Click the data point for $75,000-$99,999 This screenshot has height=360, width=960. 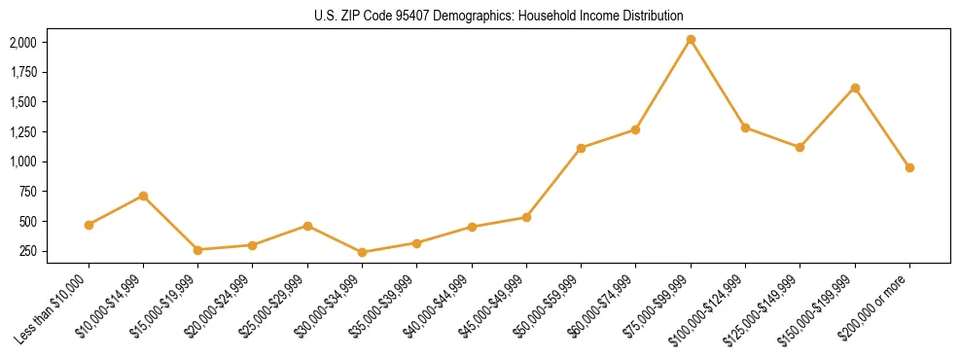point(691,39)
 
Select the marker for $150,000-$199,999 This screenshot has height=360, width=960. point(855,88)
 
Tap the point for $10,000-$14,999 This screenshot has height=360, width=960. point(143,196)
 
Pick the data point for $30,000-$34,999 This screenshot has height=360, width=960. point(362,252)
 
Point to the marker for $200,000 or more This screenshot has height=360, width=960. point(909,167)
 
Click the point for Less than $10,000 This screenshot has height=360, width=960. point(89,225)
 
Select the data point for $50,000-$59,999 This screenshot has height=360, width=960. point(581,148)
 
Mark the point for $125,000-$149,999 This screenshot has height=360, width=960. point(800,147)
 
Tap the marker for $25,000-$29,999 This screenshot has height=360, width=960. point(307,226)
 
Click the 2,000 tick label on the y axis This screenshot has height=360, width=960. point(22,43)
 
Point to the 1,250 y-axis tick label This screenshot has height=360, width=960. point(22,131)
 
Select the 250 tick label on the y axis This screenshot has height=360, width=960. point(27,251)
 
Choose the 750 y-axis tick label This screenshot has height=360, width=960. point(27,192)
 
